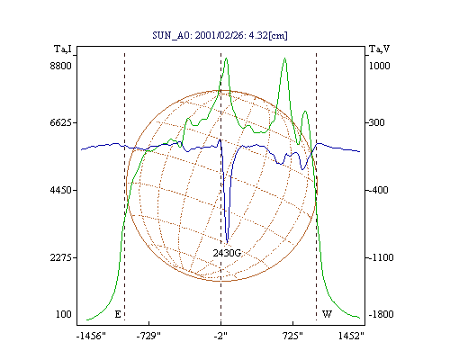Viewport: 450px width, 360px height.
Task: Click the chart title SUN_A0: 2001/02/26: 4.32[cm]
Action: click(220, 35)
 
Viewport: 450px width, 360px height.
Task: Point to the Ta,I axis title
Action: click(63, 49)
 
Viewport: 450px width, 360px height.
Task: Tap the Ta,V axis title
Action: click(379, 49)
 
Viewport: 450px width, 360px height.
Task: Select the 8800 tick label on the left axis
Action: click(61, 66)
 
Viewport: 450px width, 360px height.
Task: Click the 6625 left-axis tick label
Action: click(61, 122)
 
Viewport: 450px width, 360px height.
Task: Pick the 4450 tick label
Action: click(61, 190)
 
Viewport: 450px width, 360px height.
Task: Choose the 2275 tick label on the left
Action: click(61, 257)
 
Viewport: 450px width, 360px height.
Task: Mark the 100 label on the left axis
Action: click(64, 314)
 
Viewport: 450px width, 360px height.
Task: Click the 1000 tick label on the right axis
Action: click(379, 66)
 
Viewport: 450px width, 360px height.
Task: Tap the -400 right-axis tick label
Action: click(377, 190)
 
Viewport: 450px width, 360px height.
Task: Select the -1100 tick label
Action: click(380, 257)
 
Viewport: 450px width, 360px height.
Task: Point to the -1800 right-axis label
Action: click(381, 314)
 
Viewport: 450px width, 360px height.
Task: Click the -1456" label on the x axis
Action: click(91, 336)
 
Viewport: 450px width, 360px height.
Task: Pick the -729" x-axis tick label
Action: click(148, 336)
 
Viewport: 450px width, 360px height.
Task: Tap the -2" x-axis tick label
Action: click(220, 336)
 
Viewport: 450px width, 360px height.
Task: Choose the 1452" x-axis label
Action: click(351, 336)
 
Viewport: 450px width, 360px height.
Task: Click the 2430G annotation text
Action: click(227, 253)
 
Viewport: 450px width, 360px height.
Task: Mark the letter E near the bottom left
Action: click(118, 314)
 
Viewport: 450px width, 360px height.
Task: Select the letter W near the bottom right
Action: click(327, 314)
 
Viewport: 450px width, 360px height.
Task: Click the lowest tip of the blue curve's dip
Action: click(227, 242)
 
